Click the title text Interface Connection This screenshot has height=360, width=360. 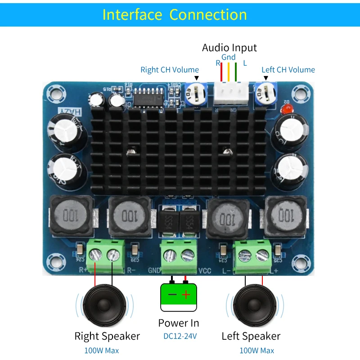click(x=175, y=14)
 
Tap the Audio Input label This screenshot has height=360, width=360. click(x=229, y=48)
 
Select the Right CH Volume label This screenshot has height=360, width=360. click(x=170, y=70)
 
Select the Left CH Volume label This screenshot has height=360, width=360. click(x=288, y=70)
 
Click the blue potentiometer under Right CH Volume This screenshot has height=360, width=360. click(x=194, y=92)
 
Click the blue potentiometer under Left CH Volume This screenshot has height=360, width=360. click(x=265, y=93)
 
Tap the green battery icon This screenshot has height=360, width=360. click(x=179, y=297)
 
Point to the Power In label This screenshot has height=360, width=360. click(x=179, y=323)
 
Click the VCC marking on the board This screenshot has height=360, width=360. click(x=204, y=271)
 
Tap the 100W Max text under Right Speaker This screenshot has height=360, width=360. click(x=102, y=351)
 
